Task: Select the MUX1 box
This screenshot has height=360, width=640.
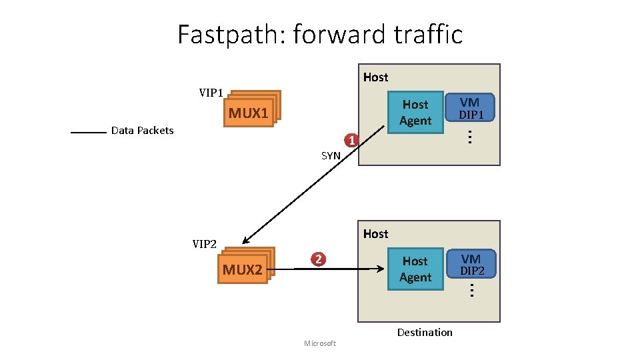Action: point(249,113)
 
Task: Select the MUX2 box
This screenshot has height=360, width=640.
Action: point(243,269)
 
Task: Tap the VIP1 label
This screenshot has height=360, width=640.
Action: point(211,93)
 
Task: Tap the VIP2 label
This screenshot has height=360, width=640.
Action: point(205,244)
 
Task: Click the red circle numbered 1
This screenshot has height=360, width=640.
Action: point(351,140)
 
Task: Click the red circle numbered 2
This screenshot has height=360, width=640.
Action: point(319,259)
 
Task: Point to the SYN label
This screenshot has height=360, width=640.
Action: point(331,155)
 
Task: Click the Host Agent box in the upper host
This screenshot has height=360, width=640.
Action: point(415,113)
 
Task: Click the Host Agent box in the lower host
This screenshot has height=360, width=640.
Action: point(415,269)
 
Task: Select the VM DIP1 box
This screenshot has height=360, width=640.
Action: point(470,108)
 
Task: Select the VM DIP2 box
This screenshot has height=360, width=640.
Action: point(471,265)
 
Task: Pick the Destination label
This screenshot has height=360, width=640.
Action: point(425,332)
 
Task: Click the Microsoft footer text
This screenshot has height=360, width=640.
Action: point(320,343)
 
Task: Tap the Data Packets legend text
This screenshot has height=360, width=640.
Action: point(142,131)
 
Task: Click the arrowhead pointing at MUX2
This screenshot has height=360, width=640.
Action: point(247,241)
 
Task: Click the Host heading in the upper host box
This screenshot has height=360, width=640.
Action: point(375,77)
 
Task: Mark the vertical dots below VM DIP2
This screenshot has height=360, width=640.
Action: point(471,291)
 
